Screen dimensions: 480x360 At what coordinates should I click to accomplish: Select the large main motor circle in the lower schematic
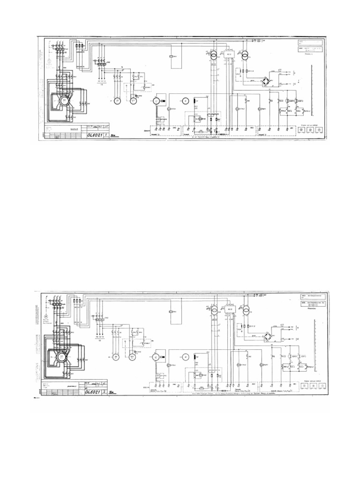click(x=61, y=357)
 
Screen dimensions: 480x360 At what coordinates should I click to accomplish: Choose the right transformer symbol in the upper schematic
click(x=245, y=55)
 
